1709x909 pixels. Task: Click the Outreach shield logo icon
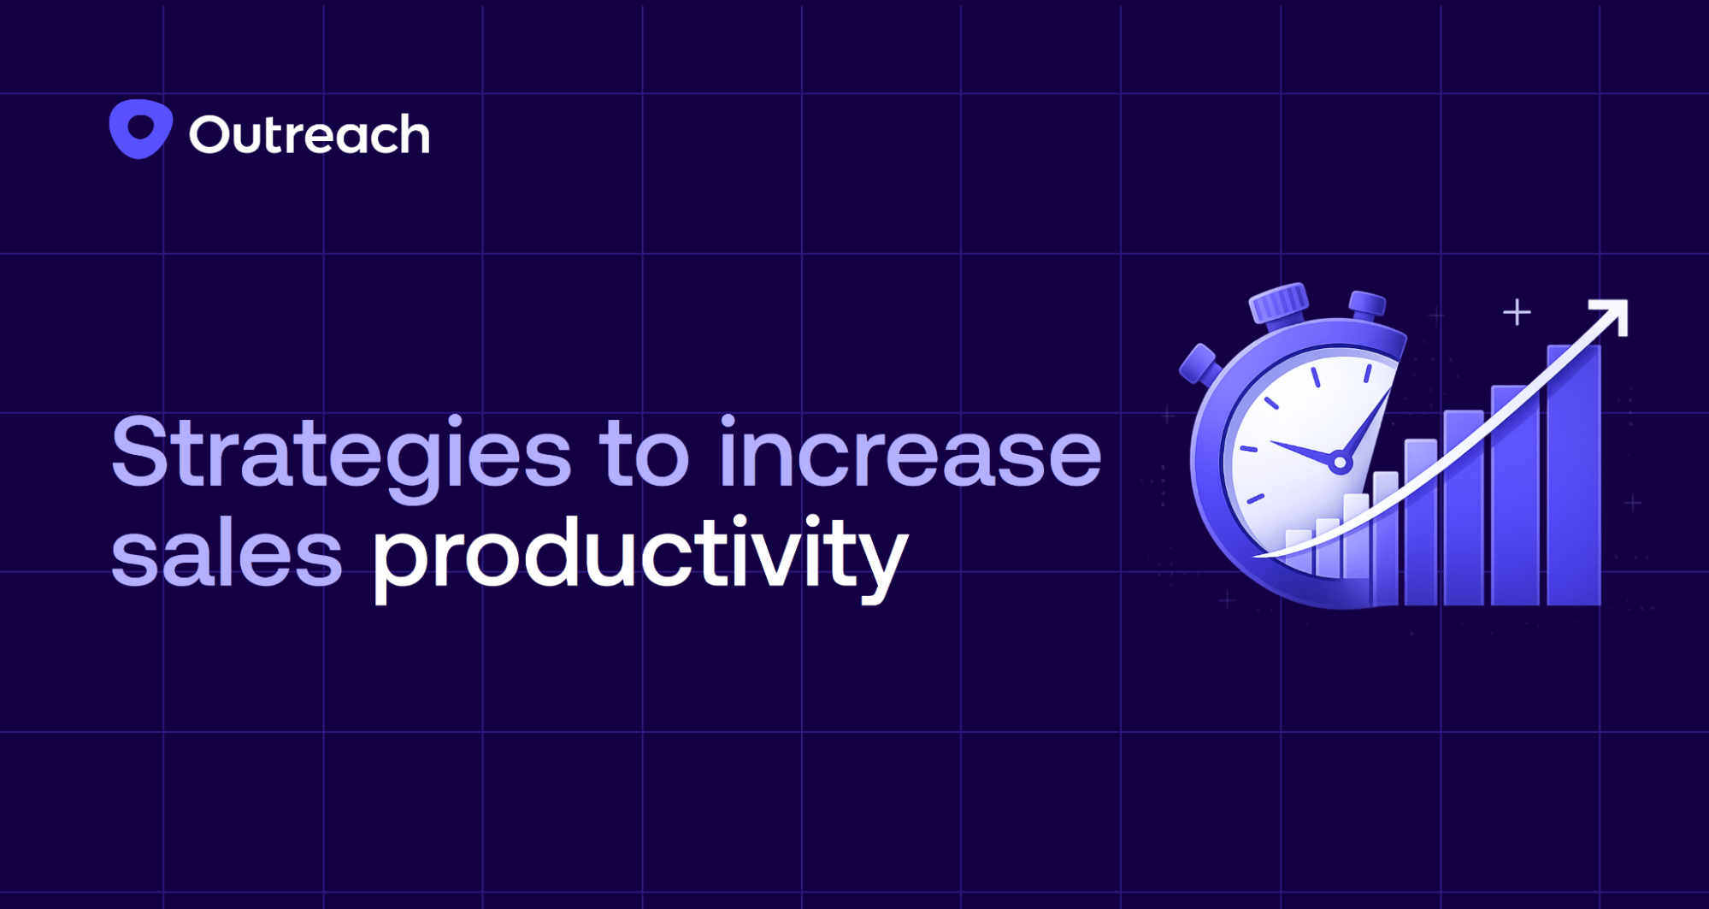(141, 129)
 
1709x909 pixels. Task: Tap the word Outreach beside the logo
(309, 135)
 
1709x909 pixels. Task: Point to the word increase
(910, 453)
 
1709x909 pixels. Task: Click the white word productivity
(639, 556)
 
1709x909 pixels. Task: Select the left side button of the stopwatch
(1199, 364)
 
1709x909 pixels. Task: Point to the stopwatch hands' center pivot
(1340, 463)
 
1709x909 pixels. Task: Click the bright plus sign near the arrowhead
(1517, 312)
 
